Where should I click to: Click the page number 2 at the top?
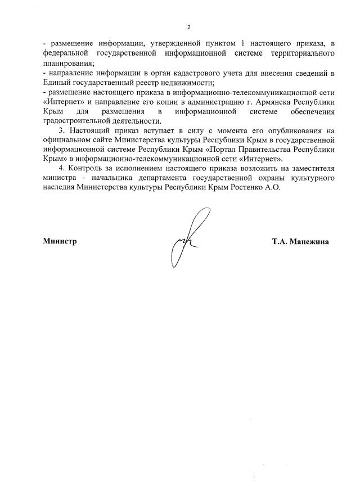tap(189, 26)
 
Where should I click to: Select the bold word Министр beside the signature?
tap(60, 241)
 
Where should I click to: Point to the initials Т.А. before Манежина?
tap(280, 241)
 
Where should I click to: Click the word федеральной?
tap(65, 54)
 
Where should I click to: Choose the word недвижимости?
tap(182, 83)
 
